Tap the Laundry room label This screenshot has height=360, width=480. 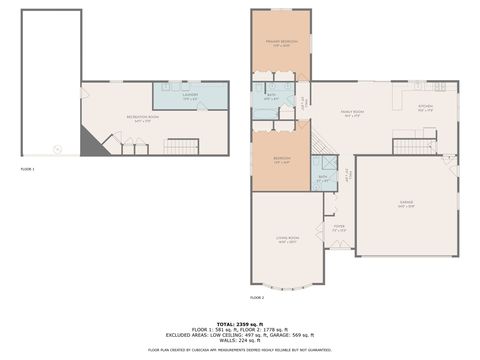190,97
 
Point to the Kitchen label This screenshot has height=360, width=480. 425,107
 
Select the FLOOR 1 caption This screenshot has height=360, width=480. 28,170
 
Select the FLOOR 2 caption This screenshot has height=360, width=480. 257,298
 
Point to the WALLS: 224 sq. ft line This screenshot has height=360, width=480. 240,340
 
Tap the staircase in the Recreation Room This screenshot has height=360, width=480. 181,147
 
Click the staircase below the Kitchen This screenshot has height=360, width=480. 413,146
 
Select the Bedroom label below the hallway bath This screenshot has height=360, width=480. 282,160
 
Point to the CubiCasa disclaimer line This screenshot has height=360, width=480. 240,350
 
